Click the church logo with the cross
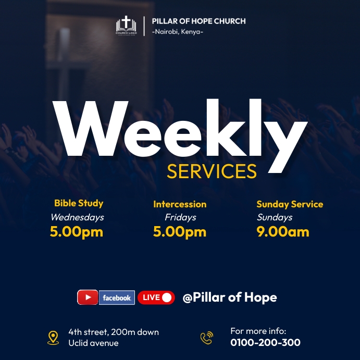click(126, 26)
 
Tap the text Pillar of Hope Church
click(198, 21)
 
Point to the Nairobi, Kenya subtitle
click(177, 32)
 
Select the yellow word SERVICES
click(212, 171)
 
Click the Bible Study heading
click(79, 203)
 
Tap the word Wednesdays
click(77, 217)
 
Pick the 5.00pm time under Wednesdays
click(77, 232)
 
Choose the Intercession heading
click(180, 204)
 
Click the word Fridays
click(180, 217)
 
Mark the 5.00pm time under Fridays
click(180, 232)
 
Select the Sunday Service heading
click(290, 204)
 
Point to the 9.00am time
click(283, 232)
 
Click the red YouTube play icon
click(88, 297)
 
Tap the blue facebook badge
click(117, 297)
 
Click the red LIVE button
click(156, 297)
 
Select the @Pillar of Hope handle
click(230, 297)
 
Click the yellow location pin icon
click(53, 338)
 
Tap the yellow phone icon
click(207, 338)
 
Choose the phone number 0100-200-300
click(265, 343)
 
